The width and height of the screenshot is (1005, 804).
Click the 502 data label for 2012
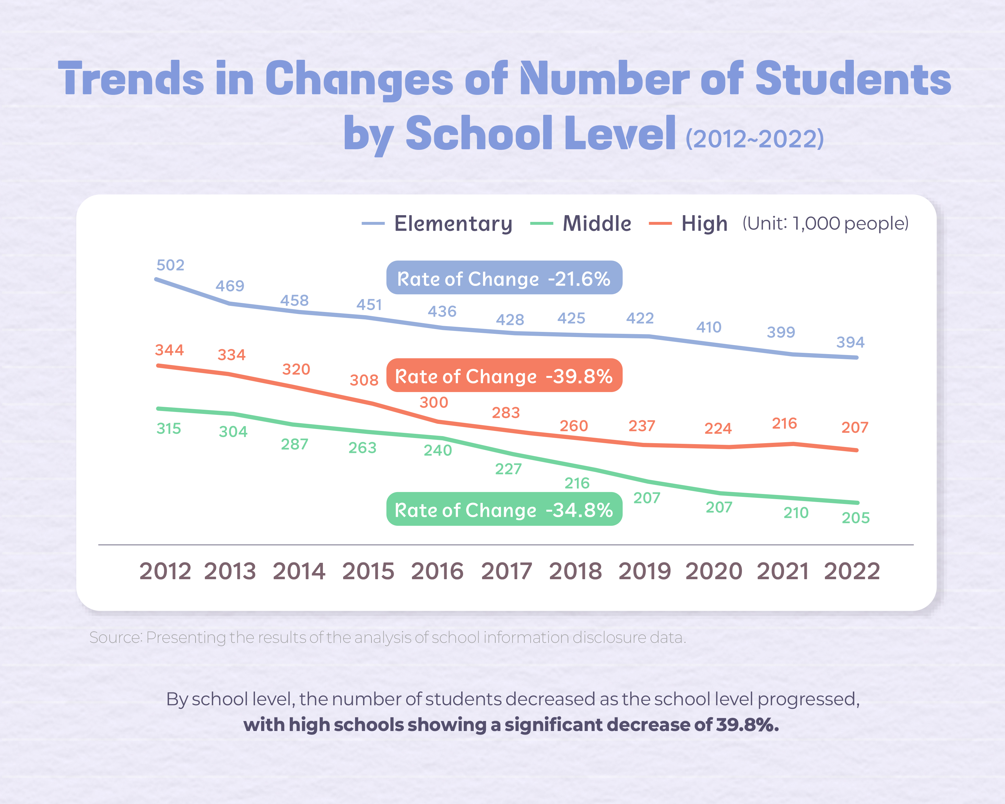coord(170,265)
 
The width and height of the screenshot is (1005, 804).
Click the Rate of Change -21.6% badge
coord(504,278)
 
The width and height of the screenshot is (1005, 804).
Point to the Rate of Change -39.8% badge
coord(504,376)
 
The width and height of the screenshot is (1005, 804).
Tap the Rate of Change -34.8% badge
coord(504,509)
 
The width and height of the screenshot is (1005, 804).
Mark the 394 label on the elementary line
coord(850,343)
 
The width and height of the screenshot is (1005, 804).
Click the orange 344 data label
coord(169,350)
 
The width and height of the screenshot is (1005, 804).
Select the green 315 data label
coord(169,429)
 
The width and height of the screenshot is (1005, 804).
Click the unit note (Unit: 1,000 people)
coord(825,224)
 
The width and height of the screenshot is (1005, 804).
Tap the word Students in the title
coord(853,79)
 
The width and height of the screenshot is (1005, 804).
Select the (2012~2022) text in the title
coord(754,139)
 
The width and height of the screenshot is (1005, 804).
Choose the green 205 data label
coord(855,518)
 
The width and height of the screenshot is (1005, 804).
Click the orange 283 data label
coord(506,413)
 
